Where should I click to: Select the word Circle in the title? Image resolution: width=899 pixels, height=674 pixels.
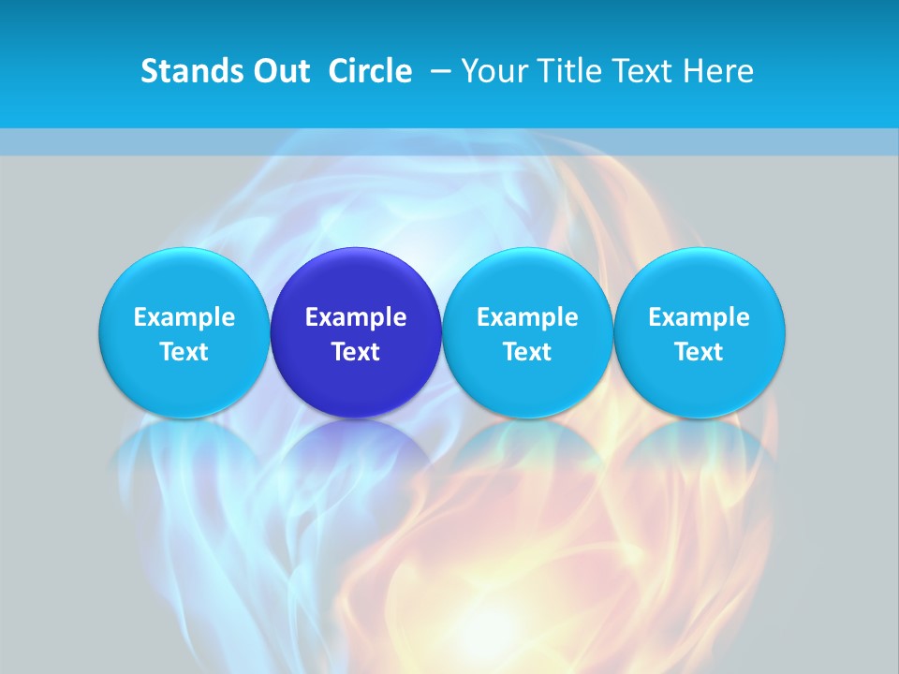tap(370, 71)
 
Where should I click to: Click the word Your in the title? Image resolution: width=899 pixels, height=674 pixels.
tap(493, 71)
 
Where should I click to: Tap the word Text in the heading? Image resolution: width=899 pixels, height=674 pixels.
tap(641, 71)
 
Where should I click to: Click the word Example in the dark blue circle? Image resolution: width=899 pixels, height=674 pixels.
tap(356, 317)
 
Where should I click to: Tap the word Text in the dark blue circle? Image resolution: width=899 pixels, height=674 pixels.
tap(356, 352)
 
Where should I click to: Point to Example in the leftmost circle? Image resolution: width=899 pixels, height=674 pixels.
tap(184, 317)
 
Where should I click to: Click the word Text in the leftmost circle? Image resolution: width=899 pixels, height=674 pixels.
tap(184, 352)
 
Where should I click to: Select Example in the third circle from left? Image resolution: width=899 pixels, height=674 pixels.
tap(527, 317)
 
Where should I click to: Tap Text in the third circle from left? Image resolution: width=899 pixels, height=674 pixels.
tap(527, 352)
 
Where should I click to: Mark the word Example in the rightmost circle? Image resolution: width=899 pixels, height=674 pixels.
tap(700, 317)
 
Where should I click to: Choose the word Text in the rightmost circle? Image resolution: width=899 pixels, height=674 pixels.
tap(700, 352)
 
